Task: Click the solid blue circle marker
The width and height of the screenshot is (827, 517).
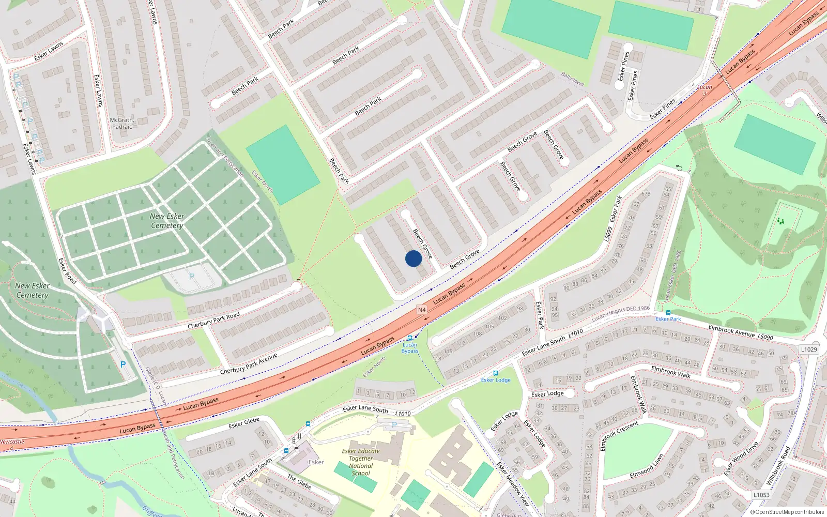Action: tap(413, 258)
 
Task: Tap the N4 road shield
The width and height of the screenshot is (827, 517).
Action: tap(422, 310)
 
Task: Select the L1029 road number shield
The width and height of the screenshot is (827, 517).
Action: tap(809, 349)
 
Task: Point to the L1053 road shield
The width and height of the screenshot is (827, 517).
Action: tap(761, 495)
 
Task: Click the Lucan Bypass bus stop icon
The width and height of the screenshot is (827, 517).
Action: tap(410, 338)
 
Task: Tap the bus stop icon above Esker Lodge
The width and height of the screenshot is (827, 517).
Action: tap(496, 373)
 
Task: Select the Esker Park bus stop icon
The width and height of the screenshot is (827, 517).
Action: tap(668, 313)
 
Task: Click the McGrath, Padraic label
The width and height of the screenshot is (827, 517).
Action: tap(122, 123)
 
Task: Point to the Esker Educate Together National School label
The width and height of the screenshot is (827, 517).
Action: tap(361, 462)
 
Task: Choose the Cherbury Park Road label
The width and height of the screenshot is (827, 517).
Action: tap(213, 321)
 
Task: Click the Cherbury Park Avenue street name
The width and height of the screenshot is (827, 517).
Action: tap(249, 363)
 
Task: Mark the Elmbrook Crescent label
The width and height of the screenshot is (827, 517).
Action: tap(619, 436)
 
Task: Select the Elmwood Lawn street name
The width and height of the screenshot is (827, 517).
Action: tap(646, 467)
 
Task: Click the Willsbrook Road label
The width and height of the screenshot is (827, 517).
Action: tap(778, 465)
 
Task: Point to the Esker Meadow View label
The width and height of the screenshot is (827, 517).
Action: tap(513, 484)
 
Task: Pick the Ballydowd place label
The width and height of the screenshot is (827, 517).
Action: tap(573, 79)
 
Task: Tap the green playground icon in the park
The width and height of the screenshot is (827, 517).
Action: tap(780, 221)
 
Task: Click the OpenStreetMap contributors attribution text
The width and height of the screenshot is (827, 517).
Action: tap(787, 512)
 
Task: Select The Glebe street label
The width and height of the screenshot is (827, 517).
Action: tap(299, 482)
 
